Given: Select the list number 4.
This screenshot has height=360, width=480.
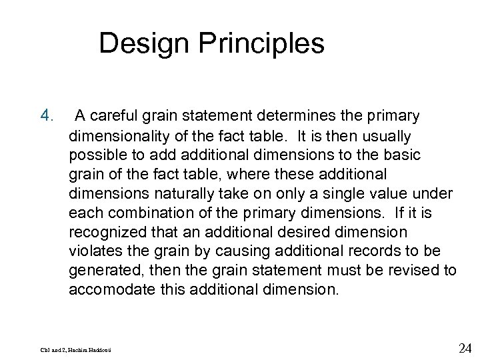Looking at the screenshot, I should point(45,117).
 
